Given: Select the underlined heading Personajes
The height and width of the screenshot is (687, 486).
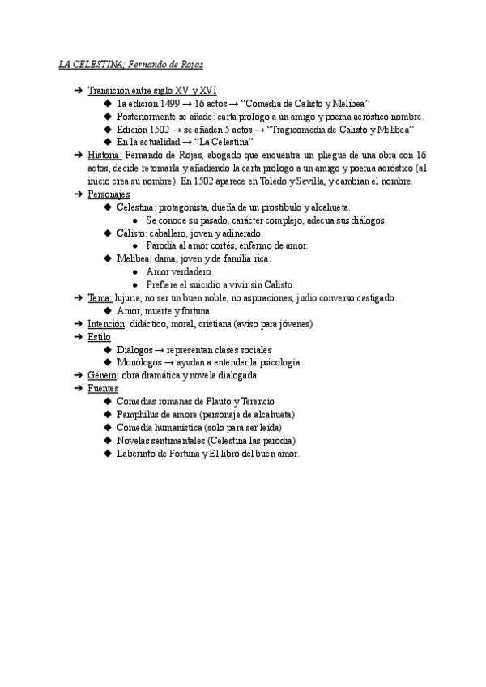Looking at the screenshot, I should coord(108,194).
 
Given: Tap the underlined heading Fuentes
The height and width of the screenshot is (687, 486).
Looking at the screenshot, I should coord(104,389).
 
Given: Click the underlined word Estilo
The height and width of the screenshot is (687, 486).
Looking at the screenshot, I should coord(100,336).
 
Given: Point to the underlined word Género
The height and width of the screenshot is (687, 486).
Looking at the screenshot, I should coord(102,376).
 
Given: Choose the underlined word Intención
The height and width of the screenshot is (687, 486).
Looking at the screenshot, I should coord(106,323).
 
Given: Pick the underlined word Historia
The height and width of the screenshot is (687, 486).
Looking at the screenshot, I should coord(105,155).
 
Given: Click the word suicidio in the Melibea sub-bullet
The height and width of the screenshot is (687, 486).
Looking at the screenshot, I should coord(207,284).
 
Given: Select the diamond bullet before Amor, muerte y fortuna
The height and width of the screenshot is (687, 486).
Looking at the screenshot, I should coord(108,310).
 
